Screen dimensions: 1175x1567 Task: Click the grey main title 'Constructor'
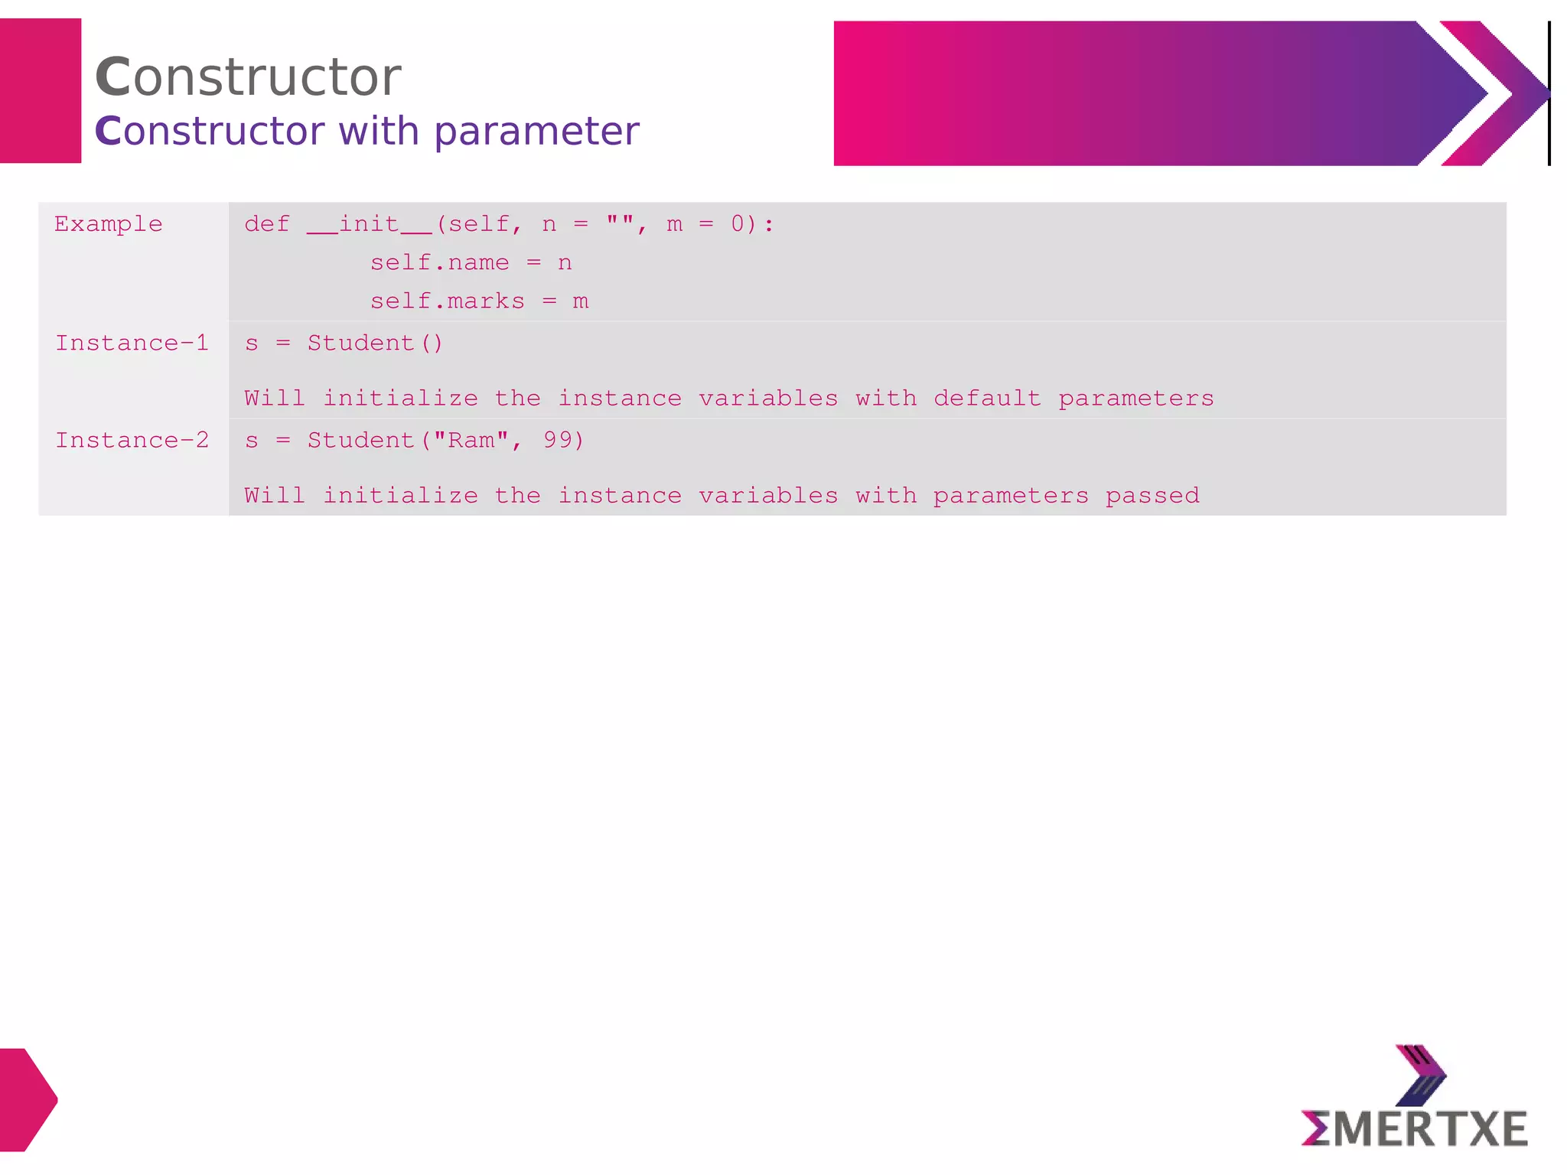pyautogui.click(x=248, y=77)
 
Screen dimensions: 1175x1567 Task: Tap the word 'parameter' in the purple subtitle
pyautogui.click(x=536, y=132)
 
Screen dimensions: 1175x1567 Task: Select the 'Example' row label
pyautogui.click(x=109, y=224)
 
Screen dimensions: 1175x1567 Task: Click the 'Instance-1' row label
pyautogui.click(x=132, y=343)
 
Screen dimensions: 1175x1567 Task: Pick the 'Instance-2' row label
pyautogui.click(x=132, y=441)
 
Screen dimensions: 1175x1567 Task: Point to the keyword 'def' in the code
pyautogui.click(x=267, y=224)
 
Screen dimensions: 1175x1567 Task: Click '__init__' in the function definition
pyautogui.click(x=370, y=224)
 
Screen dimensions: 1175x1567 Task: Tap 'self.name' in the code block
pyautogui.click(x=439, y=263)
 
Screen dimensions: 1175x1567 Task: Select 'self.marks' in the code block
pyautogui.click(x=447, y=301)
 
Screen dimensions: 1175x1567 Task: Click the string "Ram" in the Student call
pyautogui.click(x=471, y=441)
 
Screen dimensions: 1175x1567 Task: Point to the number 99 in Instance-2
pyautogui.click(x=558, y=441)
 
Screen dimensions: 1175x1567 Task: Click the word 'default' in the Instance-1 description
pyautogui.click(x=987, y=399)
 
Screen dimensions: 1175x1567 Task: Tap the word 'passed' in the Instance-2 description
pyautogui.click(x=1152, y=496)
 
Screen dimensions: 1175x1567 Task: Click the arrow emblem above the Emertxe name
pyautogui.click(x=1421, y=1076)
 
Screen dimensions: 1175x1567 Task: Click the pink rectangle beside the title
pyautogui.click(x=41, y=91)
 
